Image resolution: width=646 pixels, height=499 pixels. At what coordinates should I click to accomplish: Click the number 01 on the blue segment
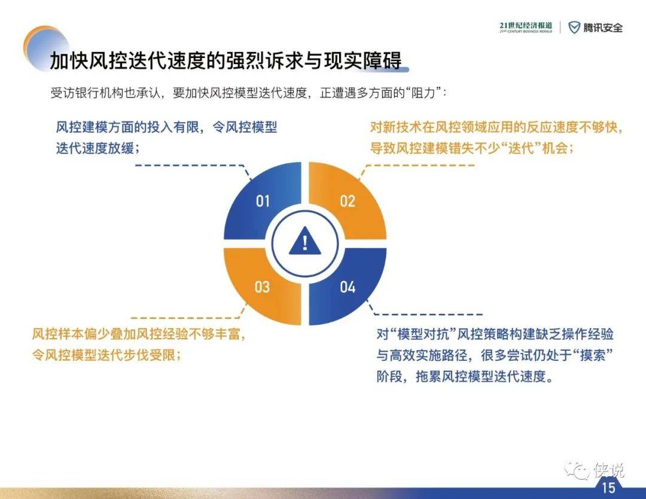[263, 201]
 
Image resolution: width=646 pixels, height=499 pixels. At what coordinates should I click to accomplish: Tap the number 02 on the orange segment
[348, 201]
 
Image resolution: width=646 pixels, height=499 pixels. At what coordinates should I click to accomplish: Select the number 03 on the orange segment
[262, 287]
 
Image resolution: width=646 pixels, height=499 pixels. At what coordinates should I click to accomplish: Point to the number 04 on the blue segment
[348, 287]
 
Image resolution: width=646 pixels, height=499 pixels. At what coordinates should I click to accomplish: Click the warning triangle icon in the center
[305, 242]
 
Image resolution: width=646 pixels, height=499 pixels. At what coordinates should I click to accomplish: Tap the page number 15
[608, 488]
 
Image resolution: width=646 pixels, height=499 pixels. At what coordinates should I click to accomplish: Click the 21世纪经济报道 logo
[526, 27]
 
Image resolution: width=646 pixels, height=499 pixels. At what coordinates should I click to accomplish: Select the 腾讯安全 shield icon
[574, 28]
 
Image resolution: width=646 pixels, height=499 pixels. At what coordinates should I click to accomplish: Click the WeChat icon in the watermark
[577, 470]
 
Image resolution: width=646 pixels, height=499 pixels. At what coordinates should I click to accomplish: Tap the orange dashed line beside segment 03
[185, 318]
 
